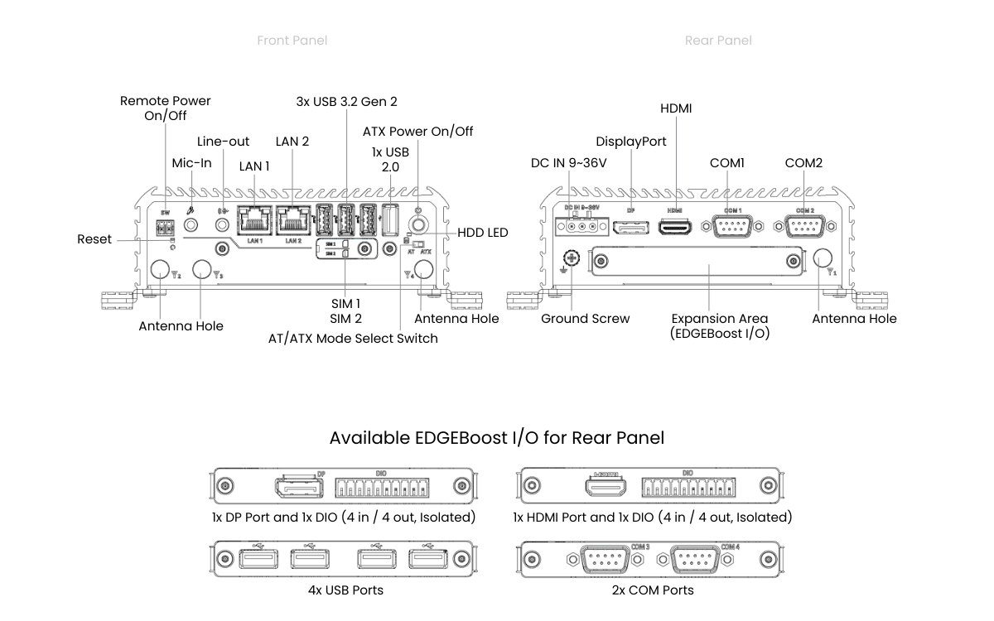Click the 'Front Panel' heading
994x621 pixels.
point(292,40)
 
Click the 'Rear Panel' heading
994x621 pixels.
point(718,40)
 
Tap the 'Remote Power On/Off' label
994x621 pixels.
point(165,108)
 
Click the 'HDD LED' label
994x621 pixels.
point(483,233)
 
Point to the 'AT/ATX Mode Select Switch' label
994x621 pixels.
point(353,338)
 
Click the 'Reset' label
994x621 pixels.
point(94,239)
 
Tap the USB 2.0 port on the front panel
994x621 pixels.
point(392,221)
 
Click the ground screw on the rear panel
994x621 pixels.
point(569,258)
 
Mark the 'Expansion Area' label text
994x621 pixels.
point(719,319)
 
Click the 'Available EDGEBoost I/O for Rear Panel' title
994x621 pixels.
point(497,437)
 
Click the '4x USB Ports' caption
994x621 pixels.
point(345,590)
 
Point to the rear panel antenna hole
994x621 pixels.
point(823,258)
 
